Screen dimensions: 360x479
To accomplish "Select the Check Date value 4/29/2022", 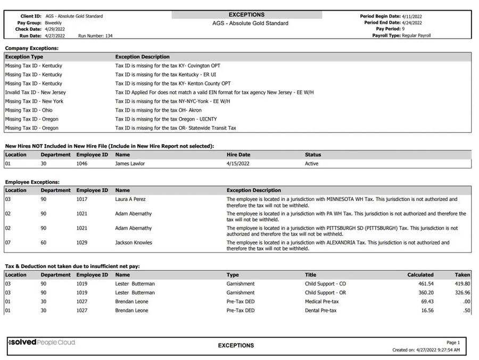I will [55, 29].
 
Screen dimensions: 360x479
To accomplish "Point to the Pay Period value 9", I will [403, 29].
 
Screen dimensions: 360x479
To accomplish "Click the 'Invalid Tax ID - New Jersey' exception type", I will [36, 93].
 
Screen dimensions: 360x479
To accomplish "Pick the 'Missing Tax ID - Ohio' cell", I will [29, 110].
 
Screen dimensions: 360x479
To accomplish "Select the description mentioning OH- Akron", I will [159, 110].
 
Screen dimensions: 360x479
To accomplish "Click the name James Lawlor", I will [130, 164].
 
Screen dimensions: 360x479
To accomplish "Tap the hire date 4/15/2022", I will [238, 164].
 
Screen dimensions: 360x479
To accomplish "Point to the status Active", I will [312, 164].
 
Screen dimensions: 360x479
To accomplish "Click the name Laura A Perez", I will [130, 199].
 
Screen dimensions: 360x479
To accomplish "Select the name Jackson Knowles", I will [134, 242].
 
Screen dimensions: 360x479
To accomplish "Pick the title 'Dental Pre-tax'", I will [321, 311].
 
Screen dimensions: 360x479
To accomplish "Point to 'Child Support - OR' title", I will [325, 292].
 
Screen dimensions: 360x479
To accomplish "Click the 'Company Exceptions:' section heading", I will [31, 48].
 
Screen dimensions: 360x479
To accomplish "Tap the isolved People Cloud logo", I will [42, 342].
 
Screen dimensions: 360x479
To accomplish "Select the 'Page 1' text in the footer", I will [453, 342].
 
